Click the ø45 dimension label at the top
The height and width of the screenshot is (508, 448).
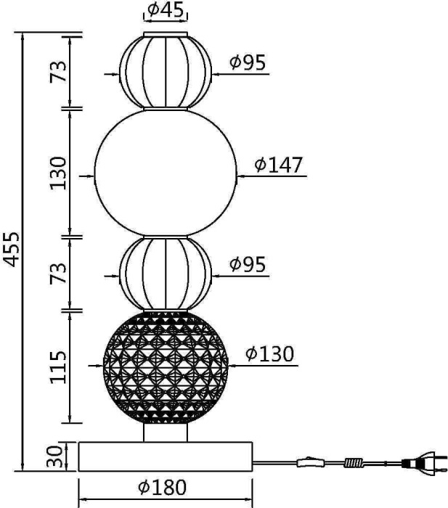[x=166, y=10]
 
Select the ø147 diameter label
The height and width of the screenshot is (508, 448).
[x=278, y=165]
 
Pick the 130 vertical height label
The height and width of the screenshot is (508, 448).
[x=59, y=173]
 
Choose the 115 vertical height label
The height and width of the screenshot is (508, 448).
[x=59, y=366]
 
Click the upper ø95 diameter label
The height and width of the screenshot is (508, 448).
[x=248, y=63]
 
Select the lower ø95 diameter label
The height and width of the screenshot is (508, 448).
[x=248, y=265]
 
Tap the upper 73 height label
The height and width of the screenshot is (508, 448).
[x=59, y=71]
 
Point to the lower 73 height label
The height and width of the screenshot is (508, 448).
[x=59, y=273]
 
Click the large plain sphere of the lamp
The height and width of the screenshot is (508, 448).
[x=166, y=173]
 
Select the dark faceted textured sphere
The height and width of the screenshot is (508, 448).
[x=166, y=367]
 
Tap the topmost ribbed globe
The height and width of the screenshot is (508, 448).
[x=166, y=71]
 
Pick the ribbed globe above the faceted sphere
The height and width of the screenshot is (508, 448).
[x=166, y=274]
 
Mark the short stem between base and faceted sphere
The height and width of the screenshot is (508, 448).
[x=166, y=433]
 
